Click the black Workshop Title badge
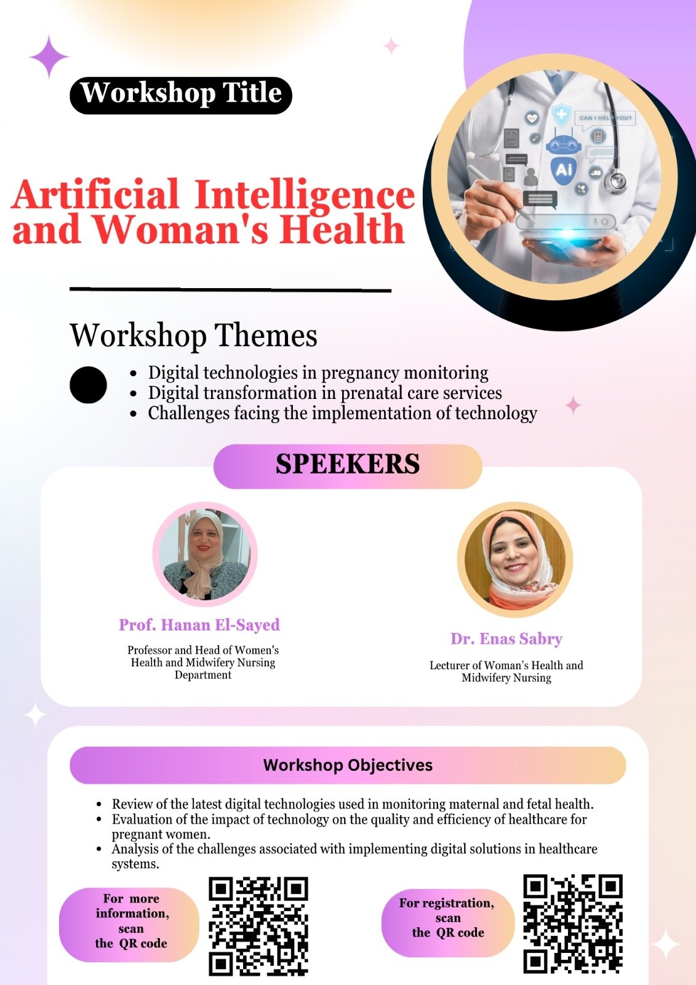pyautogui.click(x=181, y=95)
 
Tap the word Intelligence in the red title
pyautogui.click(x=304, y=195)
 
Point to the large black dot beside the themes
pyautogui.click(x=88, y=385)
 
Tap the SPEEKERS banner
pyautogui.click(x=348, y=466)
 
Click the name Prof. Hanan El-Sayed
pyautogui.click(x=199, y=625)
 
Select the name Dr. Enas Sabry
pyautogui.click(x=506, y=639)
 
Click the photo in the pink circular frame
pyautogui.click(x=205, y=554)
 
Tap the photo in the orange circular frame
pyautogui.click(x=515, y=560)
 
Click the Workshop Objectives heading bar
pyautogui.click(x=348, y=765)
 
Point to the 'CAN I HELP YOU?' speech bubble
pyautogui.click(x=604, y=119)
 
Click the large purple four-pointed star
pyautogui.click(x=49, y=57)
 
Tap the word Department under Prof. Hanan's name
pyautogui.click(x=202, y=675)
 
